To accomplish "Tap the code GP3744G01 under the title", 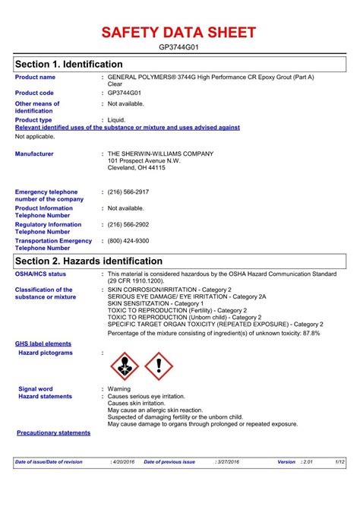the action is [x=180, y=47].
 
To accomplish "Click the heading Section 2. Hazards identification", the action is [x=89, y=261].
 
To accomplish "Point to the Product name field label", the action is [x=35, y=77].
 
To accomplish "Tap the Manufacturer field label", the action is [x=34, y=154].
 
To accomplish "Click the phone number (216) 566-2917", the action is [x=128, y=192].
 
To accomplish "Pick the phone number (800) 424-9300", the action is [x=128, y=240].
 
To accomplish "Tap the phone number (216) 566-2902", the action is [x=128, y=224].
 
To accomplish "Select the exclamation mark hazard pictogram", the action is [x=159, y=367].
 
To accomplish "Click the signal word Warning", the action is [x=119, y=388].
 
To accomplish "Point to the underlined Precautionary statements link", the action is [x=53, y=432].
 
